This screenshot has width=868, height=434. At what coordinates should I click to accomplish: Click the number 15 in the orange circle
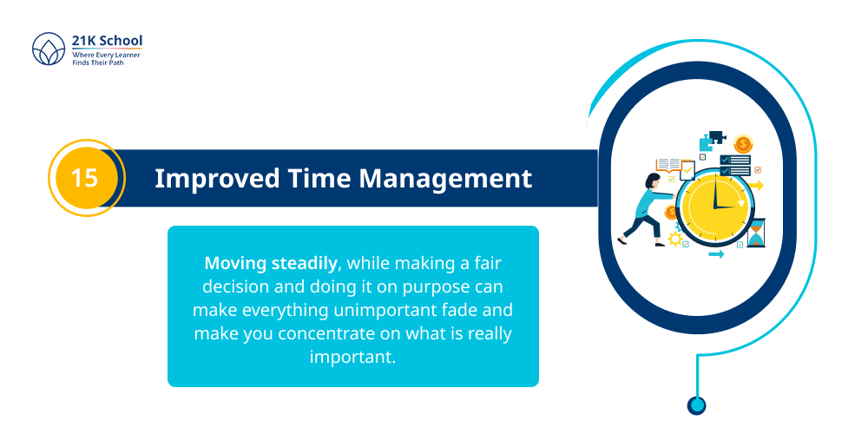[x=85, y=178]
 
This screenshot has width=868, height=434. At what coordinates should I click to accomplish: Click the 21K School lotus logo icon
[x=49, y=50]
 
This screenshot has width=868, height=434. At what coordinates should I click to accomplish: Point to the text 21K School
[x=108, y=41]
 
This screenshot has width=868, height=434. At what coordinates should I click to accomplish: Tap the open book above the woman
[x=668, y=164]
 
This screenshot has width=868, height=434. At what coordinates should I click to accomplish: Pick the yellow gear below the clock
[x=674, y=239]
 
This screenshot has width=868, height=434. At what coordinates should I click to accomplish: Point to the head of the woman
[x=653, y=181]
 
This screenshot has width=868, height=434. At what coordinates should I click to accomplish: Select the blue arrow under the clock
[x=716, y=254]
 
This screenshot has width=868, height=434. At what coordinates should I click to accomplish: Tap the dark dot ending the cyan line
[x=696, y=404]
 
